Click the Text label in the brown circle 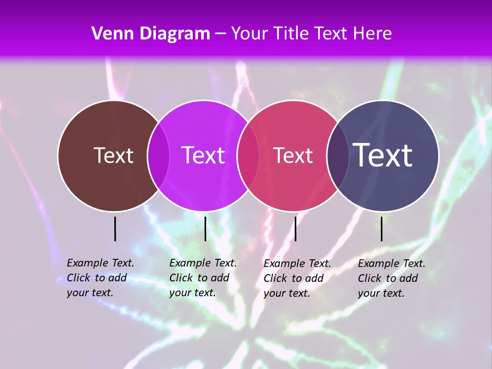113,155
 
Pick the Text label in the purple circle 203,155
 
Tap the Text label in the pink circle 293,155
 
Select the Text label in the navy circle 383,155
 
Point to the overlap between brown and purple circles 158,156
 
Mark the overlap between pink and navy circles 338,156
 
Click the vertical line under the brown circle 115,229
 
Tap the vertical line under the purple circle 205,229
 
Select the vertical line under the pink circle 295,229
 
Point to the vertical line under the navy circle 382,229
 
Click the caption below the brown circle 100,278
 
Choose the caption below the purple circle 203,278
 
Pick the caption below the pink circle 297,278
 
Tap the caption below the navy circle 392,278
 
